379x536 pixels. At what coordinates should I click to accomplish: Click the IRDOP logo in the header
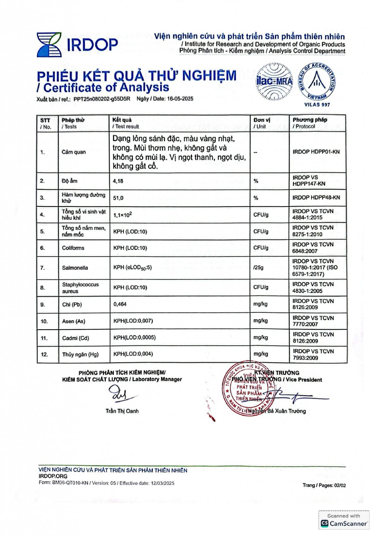pyautogui.click(x=77, y=45)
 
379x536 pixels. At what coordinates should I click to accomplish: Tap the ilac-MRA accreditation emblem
pyautogui.click(x=274, y=81)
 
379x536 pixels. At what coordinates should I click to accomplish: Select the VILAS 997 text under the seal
pyautogui.click(x=317, y=104)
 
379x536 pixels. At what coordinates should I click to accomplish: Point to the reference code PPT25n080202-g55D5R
pyautogui.click(x=102, y=99)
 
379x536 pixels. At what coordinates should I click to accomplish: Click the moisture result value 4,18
pyautogui.click(x=118, y=181)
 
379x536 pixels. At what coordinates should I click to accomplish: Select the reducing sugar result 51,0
pyautogui.click(x=118, y=198)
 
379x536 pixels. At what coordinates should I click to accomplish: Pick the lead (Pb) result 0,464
pyautogui.click(x=120, y=304)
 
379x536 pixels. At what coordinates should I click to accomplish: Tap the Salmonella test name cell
pyautogui.click(x=75, y=268)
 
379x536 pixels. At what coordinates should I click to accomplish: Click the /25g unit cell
pyautogui.click(x=258, y=267)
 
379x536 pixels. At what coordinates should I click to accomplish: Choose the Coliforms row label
pyautogui.click(x=73, y=248)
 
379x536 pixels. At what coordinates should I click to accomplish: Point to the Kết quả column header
pyautogui.click(x=122, y=123)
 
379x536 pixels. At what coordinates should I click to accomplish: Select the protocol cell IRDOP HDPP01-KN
pyautogui.click(x=316, y=152)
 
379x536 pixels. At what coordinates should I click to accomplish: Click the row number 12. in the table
pyautogui.click(x=44, y=354)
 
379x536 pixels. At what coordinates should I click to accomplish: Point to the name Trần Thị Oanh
pyautogui.click(x=122, y=411)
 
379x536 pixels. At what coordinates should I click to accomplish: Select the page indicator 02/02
pyautogui.click(x=340, y=485)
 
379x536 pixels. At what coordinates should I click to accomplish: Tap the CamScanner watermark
pyautogui.click(x=344, y=521)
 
